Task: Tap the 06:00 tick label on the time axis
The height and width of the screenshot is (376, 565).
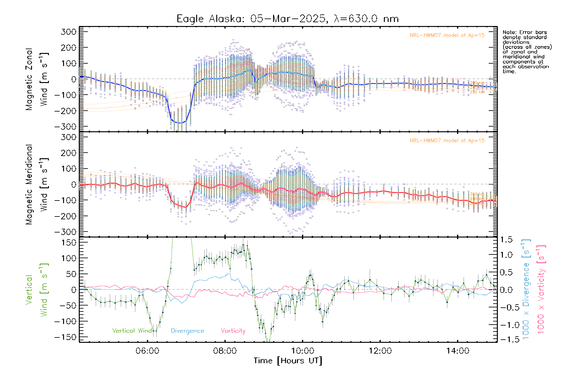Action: (x=147, y=351)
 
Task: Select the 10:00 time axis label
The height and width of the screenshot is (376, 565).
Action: (x=302, y=351)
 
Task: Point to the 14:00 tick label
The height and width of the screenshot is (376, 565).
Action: (x=457, y=351)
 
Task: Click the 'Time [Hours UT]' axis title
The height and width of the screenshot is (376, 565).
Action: (x=288, y=361)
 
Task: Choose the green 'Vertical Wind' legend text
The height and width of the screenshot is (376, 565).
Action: (x=132, y=331)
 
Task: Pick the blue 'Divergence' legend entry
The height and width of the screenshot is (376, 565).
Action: (x=187, y=331)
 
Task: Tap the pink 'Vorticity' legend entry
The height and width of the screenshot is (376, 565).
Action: (x=233, y=331)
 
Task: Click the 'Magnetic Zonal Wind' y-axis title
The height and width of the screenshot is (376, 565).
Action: (x=37, y=79)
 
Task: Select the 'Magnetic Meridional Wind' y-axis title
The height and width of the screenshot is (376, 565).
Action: (x=37, y=185)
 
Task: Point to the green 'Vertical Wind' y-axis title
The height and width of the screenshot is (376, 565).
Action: (x=37, y=290)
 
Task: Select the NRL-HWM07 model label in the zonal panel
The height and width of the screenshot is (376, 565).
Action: (x=447, y=35)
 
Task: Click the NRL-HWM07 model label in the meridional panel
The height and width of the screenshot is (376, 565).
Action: (x=447, y=141)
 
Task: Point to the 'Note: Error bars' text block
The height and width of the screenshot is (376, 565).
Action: (x=527, y=52)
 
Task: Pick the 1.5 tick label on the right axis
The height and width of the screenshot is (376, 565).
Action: (x=506, y=240)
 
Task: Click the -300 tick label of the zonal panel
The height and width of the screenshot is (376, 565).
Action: (x=65, y=127)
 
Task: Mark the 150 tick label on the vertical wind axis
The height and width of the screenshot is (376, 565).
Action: (x=69, y=243)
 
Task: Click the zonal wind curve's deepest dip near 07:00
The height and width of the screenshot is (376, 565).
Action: (x=180, y=123)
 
